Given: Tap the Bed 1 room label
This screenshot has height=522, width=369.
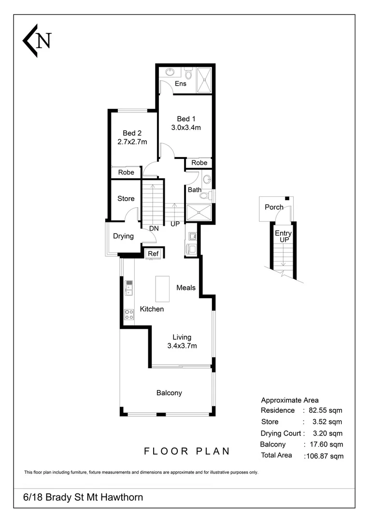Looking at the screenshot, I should point(186,119).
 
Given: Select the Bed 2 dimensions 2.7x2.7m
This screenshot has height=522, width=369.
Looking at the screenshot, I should point(132,142).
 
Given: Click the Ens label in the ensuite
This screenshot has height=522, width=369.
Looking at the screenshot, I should point(181,84).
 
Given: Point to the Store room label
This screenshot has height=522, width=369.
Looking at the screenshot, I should point(126,199).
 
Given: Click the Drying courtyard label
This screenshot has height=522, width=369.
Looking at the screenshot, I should point(123,236).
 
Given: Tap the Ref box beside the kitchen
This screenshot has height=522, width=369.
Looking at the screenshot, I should point(154,254).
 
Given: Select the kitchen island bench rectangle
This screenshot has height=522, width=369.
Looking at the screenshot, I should point(162,289).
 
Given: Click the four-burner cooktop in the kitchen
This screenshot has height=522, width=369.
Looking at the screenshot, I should point(129,314).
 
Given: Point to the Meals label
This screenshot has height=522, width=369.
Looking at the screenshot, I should point(186,288).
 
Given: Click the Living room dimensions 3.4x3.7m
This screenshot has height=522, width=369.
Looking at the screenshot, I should point(182,346).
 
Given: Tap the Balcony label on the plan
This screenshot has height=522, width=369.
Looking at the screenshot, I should point(169,393).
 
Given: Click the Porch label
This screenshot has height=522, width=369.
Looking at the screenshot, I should point(274,207).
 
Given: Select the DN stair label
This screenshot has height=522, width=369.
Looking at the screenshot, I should point(154,229).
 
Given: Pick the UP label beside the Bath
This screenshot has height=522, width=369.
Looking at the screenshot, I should point(175,224).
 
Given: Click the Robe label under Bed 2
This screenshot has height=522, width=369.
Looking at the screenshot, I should point(126,172).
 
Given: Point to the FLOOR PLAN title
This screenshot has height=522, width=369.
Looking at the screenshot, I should point(187,451).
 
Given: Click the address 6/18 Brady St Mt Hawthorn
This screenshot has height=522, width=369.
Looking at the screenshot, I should point(83,497).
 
